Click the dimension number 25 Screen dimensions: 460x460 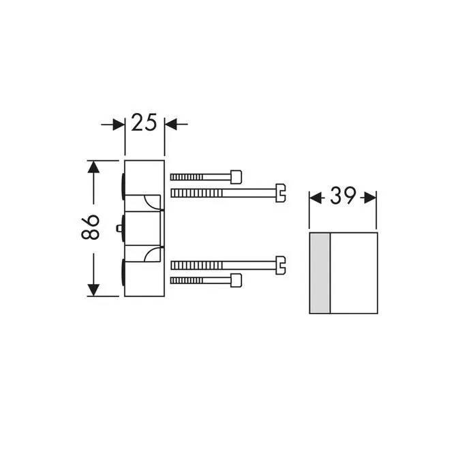tap(144, 123)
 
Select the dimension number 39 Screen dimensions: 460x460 tap(343, 196)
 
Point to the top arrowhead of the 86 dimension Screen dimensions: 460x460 tap(93, 166)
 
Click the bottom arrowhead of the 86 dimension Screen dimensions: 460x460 tap(93, 290)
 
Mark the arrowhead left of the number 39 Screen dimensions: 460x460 tap(316, 197)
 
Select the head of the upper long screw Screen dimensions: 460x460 tap(279, 193)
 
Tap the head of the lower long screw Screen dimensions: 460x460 tap(279, 264)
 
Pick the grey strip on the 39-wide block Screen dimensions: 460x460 tap(320, 273)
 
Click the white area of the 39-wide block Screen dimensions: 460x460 tap(353, 273)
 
